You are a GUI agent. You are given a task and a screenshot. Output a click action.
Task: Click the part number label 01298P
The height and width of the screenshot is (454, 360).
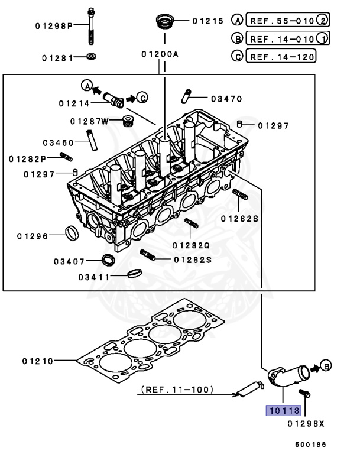tap(53, 27)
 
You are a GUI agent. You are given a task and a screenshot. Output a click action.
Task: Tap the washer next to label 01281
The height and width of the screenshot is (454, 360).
tap(91, 57)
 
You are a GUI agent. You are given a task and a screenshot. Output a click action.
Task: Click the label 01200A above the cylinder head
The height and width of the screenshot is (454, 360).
tap(160, 54)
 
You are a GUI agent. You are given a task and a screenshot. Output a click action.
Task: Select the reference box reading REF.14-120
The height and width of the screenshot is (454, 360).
tap(282, 57)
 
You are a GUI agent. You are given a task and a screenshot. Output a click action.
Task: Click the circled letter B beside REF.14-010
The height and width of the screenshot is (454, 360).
tap(237, 39)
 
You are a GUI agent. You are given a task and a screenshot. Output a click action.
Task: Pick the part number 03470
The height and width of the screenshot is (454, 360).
tap(226, 99)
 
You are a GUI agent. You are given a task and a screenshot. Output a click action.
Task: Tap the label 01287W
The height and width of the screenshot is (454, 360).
tap(89, 121)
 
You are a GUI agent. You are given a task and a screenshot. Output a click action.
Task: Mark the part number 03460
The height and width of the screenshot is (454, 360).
tap(58, 142)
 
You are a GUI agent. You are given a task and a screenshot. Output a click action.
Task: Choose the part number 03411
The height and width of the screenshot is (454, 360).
tap(93, 277)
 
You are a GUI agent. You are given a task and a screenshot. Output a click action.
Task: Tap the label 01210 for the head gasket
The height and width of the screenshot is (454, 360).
tap(38, 360)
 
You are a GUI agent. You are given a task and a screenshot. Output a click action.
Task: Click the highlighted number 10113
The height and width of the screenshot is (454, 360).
tap(284, 410)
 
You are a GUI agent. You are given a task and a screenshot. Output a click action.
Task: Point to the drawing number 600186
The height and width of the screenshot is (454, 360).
tap(311, 444)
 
